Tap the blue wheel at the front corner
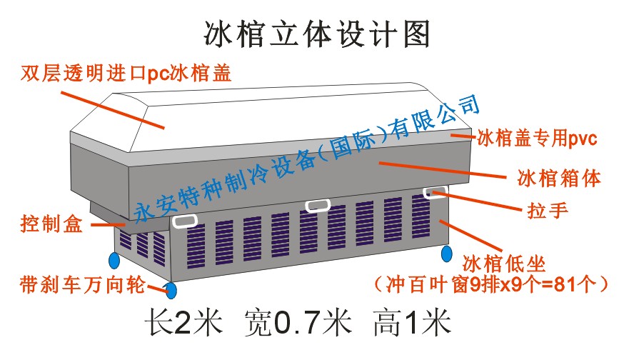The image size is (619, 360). [x=171, y=289]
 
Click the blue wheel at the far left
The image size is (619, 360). [x=114, y=258]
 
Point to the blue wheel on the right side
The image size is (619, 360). [x=447, y=252]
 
